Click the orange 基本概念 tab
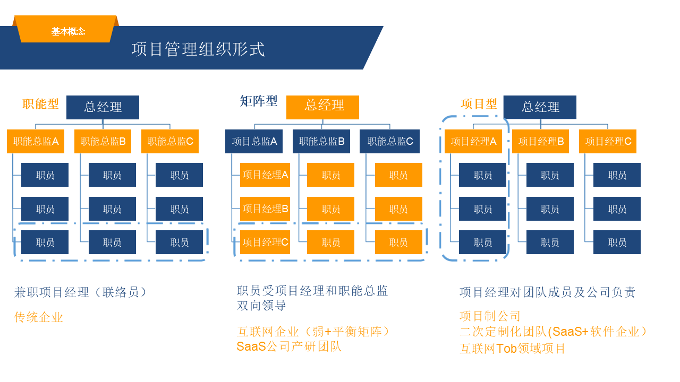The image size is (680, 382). tap(68, 31)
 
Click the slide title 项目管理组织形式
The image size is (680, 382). tap(198, 49)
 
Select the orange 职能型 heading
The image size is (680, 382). tap(41, 103)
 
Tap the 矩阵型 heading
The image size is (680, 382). tap(259, 101)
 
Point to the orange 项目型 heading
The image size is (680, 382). tap(479, 103)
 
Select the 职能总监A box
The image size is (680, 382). tap(36, 141)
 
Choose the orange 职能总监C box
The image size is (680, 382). tap(170, 141)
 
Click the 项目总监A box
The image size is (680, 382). tap(254, 141)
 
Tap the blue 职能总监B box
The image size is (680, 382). tap(321, 141)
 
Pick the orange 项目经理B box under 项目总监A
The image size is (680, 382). tap(265, 209)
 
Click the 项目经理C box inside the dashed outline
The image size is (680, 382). tap(265, 242)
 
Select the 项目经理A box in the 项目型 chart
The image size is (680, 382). tap(473, 141)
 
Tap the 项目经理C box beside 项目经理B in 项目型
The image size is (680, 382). tap(608, 141)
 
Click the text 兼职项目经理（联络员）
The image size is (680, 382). tap(80, 292)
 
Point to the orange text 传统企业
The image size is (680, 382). tap(38, 317)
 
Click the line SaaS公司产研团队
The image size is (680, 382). tap(289, 346)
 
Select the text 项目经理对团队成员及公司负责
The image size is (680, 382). tap(547, 292)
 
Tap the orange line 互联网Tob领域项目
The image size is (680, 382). tap(512, 349)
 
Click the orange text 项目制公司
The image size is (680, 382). tap(490, 316)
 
